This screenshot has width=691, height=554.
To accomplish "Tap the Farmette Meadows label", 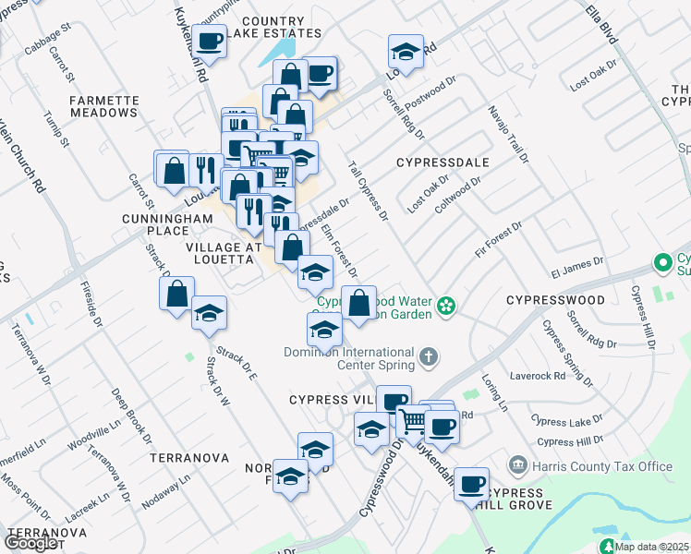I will point(103,106).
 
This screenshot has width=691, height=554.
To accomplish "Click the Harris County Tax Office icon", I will point(516,464).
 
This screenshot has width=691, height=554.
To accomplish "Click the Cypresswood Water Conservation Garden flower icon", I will point(447,305).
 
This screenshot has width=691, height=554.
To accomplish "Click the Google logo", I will point(31,542).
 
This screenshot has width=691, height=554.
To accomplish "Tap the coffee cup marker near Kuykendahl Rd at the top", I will point(210,41).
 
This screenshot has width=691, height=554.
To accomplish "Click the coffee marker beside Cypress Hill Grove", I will point(471,482).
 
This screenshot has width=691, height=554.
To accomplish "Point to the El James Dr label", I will point(576,268).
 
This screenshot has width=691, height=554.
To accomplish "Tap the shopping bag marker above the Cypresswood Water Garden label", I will point(358,302).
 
